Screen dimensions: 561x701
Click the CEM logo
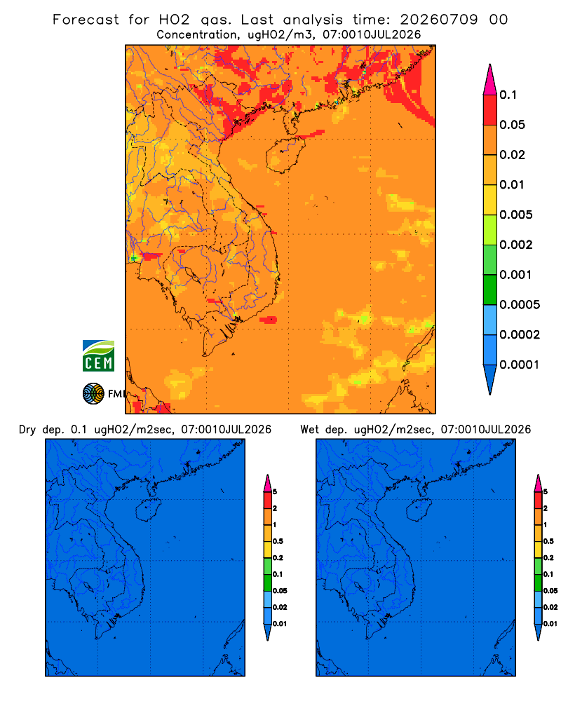(98, 356)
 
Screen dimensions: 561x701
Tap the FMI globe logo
(93, 393)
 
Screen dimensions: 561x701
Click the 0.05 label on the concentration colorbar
(512, 125)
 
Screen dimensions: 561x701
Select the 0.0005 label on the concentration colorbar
(520, 305)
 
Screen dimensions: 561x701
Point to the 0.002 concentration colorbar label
(516, 245)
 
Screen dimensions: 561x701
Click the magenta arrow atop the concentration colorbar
(490, 79)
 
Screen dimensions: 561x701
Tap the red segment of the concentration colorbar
(490, 110)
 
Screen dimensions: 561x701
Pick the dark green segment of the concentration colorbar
(490, 290)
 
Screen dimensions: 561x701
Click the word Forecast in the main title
(86, 20)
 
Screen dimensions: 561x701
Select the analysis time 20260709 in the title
(439, 20)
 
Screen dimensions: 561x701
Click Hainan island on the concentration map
(285, 155)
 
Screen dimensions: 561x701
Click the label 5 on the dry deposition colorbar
(275, 492)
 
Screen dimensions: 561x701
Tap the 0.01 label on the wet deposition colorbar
(550, 624)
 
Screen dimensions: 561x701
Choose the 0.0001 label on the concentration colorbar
(520, 365)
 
